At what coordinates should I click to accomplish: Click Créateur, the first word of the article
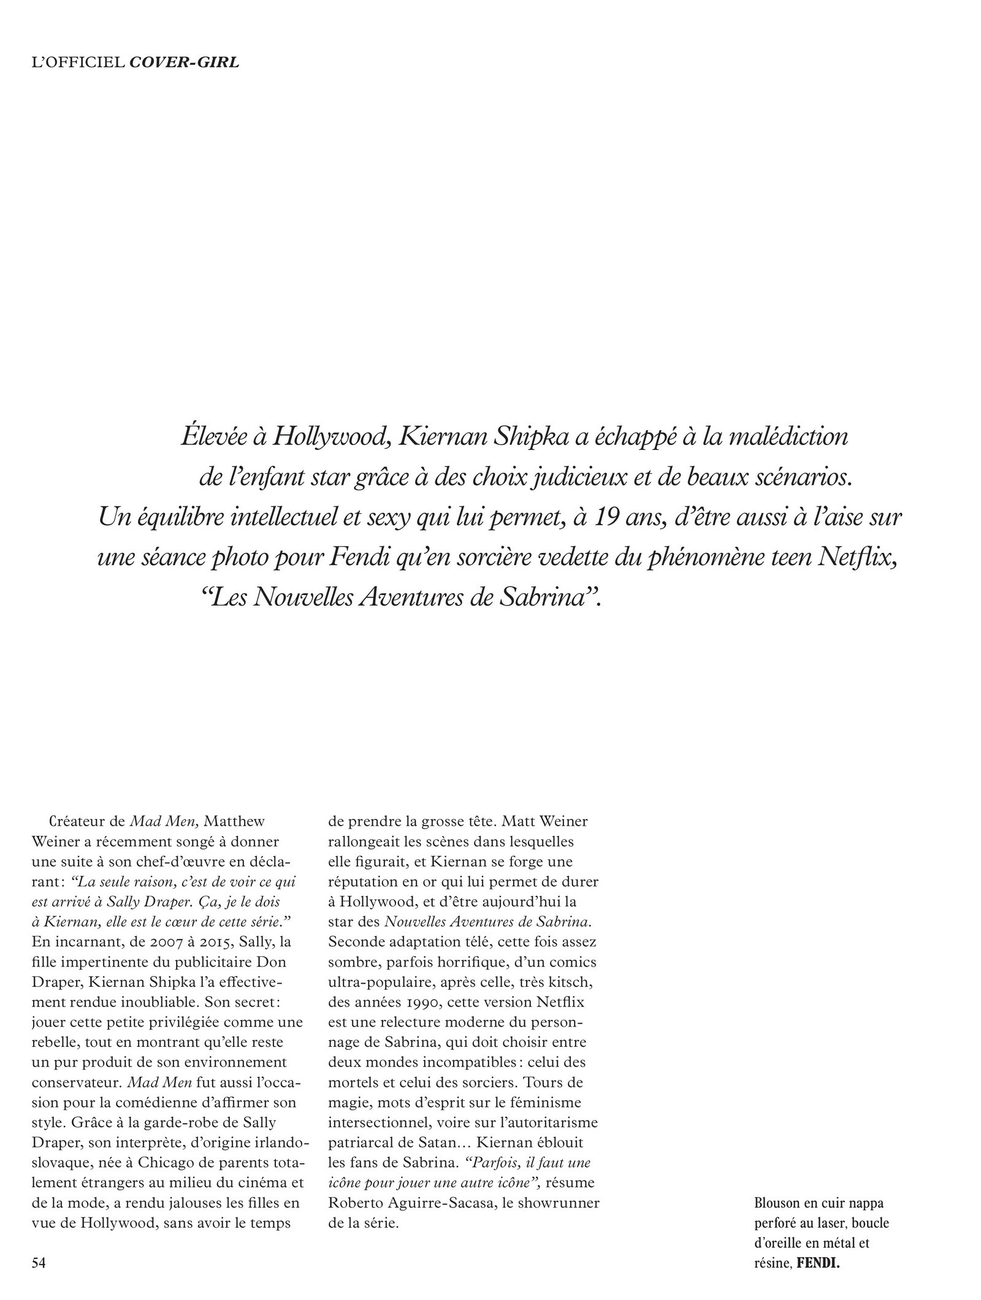82,821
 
